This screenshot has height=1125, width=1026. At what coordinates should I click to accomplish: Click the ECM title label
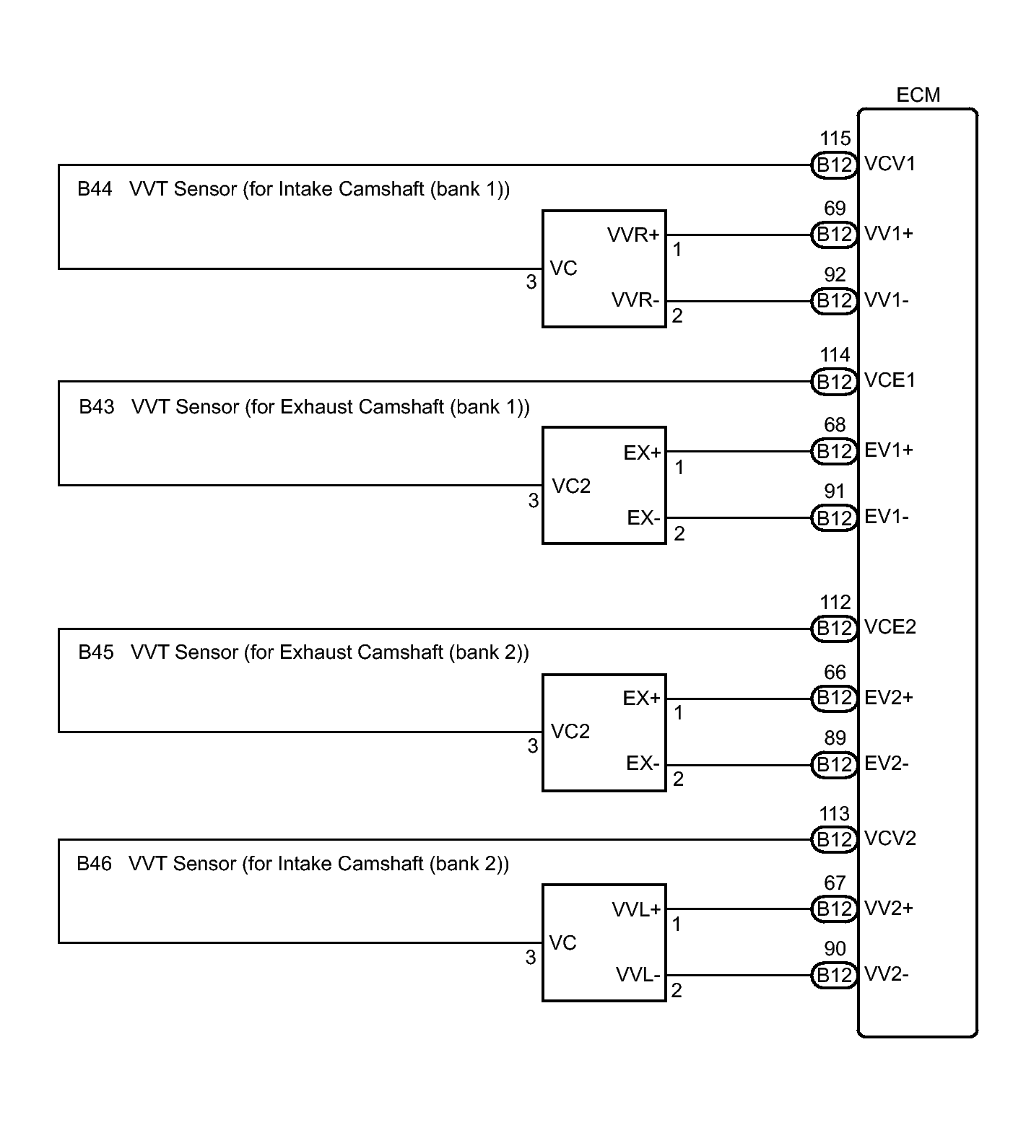click(x=918, y=95)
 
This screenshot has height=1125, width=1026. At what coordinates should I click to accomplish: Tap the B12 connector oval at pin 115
click(x=834, y=165)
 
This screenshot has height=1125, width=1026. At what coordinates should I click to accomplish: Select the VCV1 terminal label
click(x=890, y=165)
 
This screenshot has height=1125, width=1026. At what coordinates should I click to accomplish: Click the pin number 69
click(x=835, y=209)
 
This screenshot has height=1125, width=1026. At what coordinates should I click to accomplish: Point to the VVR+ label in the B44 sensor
click(x=633, y=235)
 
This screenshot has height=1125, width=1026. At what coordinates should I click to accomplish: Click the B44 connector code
click(x=95, y=189)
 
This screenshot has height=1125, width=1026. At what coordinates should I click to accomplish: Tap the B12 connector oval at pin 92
click(x=834, y=300)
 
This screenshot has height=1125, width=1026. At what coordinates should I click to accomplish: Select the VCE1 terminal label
click(x=890, y=380)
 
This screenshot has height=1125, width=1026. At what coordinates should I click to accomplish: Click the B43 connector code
click(x=97, y=407)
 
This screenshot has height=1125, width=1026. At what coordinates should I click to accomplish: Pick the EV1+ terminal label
click(x=889, y=450)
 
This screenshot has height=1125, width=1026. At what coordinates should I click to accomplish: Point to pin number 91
click(x=835, y=491)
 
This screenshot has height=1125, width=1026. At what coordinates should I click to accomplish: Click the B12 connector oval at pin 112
click(x=834, y=629)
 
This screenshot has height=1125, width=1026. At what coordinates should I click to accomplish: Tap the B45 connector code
click(x=96, y=652)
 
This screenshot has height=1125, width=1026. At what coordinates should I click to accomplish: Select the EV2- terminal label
click(x=887, y=764)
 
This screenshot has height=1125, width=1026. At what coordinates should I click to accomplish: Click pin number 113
click(x=835, y=814)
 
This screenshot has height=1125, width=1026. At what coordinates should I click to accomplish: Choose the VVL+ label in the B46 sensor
click(x=636, y=910)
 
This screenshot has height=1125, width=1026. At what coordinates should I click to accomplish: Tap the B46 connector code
click(x=95, y=864)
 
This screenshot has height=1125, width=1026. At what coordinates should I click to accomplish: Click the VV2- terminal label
click(x=887, y=976)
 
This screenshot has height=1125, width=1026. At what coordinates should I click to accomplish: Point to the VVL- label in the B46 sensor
click(x=638, y=976)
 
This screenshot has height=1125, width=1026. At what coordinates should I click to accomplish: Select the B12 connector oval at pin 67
click(x=834, y=909)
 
